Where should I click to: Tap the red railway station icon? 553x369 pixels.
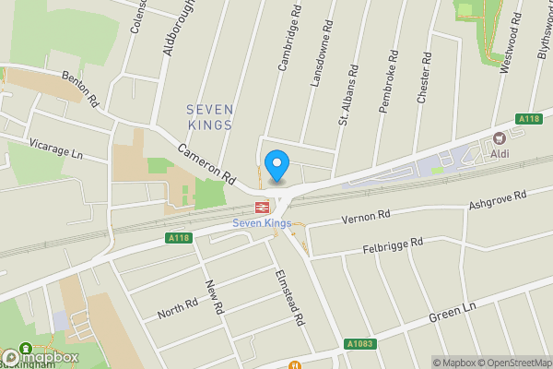tap(261, 208)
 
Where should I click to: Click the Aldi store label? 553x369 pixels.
tap(500, 153)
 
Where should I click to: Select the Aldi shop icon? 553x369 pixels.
tap(500, 138)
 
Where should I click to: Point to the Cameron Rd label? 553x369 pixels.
tap(207, 161)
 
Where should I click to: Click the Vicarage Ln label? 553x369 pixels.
tap(56, 150)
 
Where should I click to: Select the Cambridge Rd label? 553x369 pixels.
tap(290, 43)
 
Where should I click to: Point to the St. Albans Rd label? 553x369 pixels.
tap(347, 94)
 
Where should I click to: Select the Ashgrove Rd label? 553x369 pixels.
tap(498, 200)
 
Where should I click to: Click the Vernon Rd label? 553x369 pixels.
tap(366, 219)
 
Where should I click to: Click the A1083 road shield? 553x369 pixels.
tap(361, 344)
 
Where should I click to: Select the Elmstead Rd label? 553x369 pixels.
tap(289, 299)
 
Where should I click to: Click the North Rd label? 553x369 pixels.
tap(177, 308)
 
